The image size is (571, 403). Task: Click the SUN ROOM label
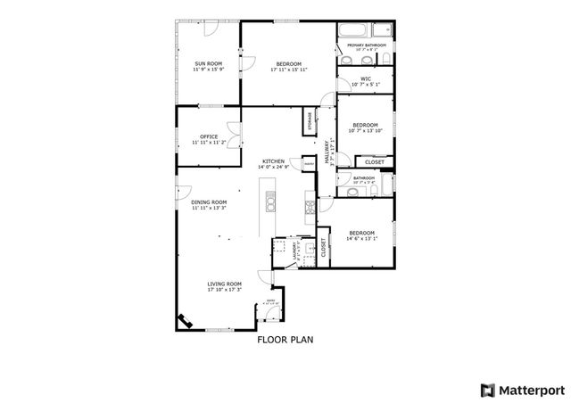(209, 62)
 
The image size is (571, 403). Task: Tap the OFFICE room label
(209, 136)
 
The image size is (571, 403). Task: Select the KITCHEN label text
(273, 160)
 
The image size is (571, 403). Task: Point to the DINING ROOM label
(209, 202)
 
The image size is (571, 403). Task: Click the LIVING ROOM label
(225, 284)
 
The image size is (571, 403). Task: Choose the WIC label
(366, 78)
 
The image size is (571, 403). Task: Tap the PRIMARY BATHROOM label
(366, 45)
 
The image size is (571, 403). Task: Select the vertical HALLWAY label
(331, 147)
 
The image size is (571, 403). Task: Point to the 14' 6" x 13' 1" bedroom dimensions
(361, 239)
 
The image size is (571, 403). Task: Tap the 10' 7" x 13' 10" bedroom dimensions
(365, 130)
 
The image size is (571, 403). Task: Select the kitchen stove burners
(310, 208)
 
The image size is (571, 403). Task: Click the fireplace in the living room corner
(186, 321)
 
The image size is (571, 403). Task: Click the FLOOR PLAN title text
(285, 340)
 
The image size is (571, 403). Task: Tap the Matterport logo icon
(486, 390)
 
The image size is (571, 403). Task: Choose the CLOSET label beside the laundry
(323, 251)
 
